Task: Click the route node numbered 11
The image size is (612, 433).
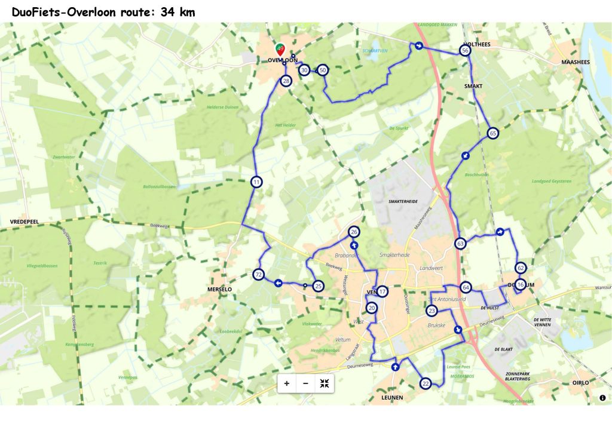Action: point(256,182)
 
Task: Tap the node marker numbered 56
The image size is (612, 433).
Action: point(465,51)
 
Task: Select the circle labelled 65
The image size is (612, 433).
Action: point(492,133)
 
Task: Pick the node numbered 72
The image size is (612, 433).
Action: point(258,275)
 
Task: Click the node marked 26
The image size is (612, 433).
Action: point(354,232)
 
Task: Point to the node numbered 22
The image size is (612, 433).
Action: point(426,383)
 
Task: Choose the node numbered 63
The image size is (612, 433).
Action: point(460,244)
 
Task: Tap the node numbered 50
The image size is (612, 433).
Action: point(323,70)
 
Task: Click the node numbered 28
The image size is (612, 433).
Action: point(286,81)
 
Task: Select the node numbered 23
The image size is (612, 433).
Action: point(432,311)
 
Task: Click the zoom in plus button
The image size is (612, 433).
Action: point(287,383)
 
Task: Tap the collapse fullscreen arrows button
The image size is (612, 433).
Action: point(325,383)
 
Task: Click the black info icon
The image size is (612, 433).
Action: point(602,398)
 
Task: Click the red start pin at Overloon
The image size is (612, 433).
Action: point(280,50)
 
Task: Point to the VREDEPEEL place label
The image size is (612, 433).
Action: point(25,221)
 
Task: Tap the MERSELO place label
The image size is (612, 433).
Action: point(219,289)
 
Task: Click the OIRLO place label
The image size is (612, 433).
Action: point(580,382)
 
